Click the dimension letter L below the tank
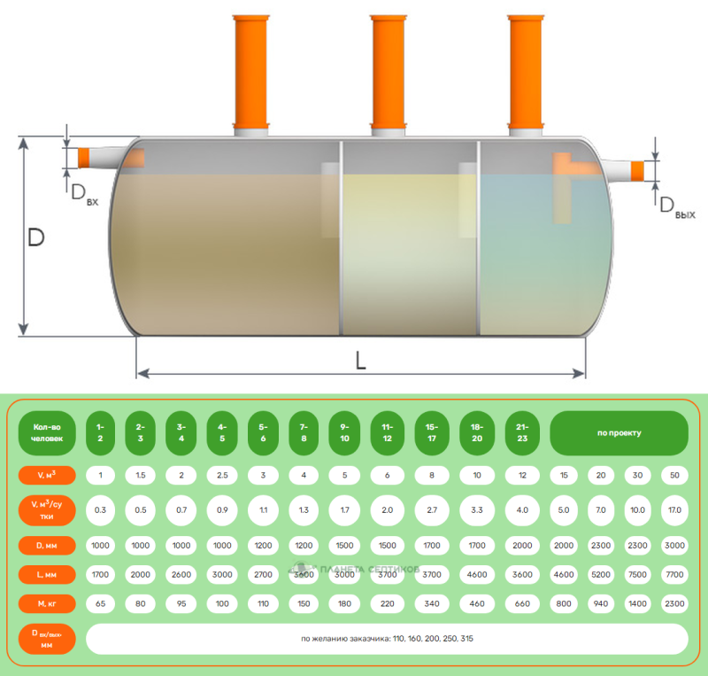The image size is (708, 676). (360, 360)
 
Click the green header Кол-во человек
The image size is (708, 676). (46, 433)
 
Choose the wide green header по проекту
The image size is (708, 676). (619, 433)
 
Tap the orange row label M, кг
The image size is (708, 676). (46, 602)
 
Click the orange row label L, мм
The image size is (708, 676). (46, 574)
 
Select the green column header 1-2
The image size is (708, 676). (100, 433)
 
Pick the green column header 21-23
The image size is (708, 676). (522, 433)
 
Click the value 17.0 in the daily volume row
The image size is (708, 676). (674, 510)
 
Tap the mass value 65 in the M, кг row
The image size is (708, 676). (100, 602)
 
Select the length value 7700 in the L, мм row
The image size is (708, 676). (674, 574)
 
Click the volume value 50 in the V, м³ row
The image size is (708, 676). (674, 476)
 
